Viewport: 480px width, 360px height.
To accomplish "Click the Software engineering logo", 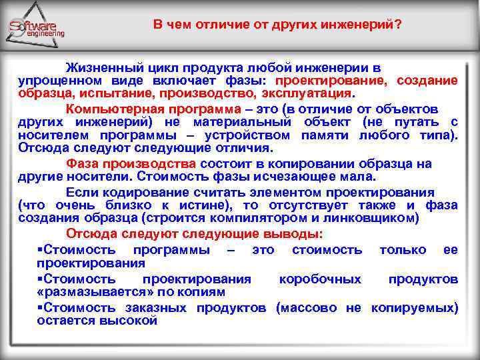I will pos(37,28).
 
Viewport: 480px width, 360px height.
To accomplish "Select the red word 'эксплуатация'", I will pos(311,93).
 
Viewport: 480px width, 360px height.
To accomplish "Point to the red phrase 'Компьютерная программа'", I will pos(154,109).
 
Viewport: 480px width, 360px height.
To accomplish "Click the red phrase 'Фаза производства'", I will pos(131,164).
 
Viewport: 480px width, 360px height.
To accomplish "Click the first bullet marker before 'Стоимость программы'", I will pos(40,249).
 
